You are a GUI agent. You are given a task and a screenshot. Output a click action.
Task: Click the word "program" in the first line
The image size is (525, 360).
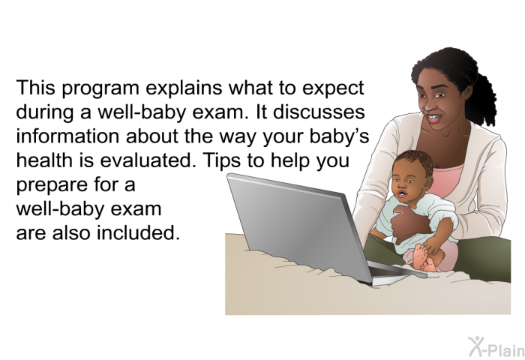coord(100,88)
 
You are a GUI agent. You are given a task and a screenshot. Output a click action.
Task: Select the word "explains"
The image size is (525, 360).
coord(184,88)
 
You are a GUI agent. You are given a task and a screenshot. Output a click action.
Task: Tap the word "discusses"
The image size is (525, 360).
coord(319,112)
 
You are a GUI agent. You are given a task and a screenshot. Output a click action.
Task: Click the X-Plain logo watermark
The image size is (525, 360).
coord(496,347)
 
